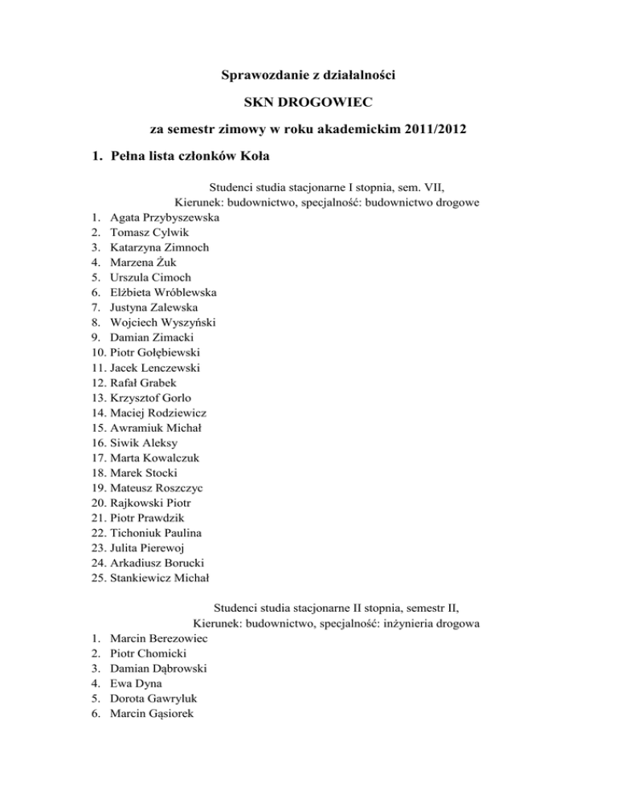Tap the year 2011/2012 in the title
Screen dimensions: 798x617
[434, 128]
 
